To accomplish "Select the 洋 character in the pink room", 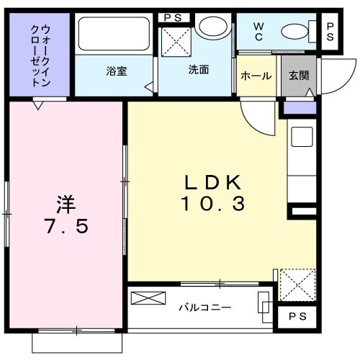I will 66,202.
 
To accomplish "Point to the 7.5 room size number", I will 66,227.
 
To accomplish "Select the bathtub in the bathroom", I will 114,35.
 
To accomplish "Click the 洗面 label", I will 199,71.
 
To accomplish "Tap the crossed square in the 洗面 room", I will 175,41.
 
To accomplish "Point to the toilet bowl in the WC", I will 295,31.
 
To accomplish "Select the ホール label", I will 255,75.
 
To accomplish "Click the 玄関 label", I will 298,75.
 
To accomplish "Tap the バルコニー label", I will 204,307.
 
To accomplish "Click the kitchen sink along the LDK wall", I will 301,137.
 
